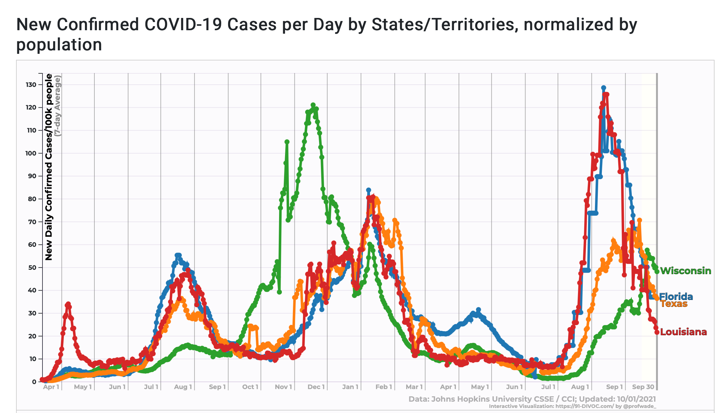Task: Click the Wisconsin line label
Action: [x=685, y=271]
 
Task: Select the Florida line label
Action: [x=676, y=297]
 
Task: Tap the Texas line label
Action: [x=674, y=304]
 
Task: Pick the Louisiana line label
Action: [x=683, y=332]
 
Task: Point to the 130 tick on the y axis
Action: [x=31, y=85]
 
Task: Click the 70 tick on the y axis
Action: [x=32, y=222]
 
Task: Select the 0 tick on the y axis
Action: [x=34, y=382]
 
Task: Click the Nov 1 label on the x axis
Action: [x=283, y=387]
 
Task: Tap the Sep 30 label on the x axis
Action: [x=643, y=387]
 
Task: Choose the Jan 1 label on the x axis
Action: [x=350, y=387]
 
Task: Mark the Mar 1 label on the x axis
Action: [x=414, y=387]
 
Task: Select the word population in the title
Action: [x=59, y=45]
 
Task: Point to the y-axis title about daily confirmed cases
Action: [x=49, y=167]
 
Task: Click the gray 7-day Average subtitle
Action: [x=58, y=106]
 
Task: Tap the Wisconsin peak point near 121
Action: [x=313, y=105]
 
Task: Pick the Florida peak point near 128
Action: [x=603, y=88]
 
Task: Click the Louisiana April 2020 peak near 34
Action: [x=68, y=304]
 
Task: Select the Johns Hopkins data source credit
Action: [x=532, y=399]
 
